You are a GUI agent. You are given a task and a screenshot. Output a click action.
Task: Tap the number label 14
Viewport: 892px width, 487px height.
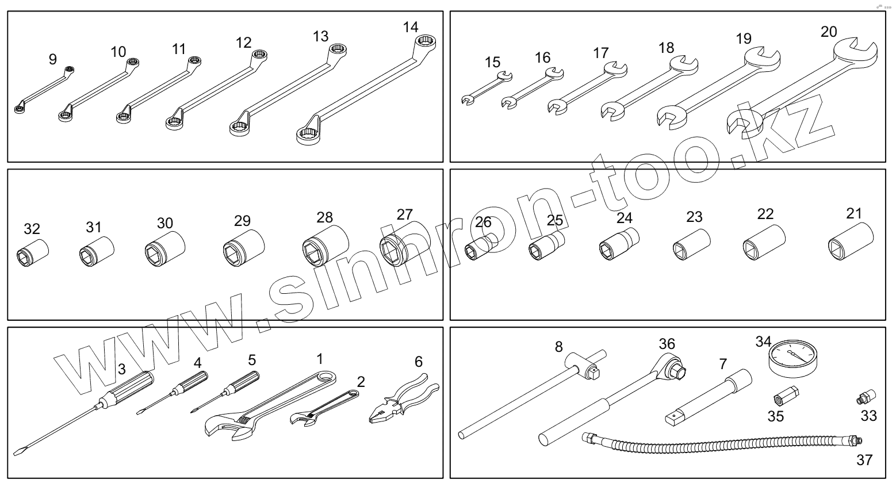point(411,27)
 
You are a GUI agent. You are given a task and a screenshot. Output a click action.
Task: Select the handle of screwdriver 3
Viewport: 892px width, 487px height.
point(132,385)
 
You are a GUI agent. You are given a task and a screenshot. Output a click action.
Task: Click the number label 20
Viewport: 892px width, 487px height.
point(828,32)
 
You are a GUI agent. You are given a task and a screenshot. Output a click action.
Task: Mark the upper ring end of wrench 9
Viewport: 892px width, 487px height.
point(70,70)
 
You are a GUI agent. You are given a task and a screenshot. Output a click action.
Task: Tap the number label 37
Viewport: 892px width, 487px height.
point(864,460)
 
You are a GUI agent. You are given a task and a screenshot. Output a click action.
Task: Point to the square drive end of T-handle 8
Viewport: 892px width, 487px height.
point(592,374)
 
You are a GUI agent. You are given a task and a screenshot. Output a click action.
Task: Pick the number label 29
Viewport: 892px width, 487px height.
point(242,220)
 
